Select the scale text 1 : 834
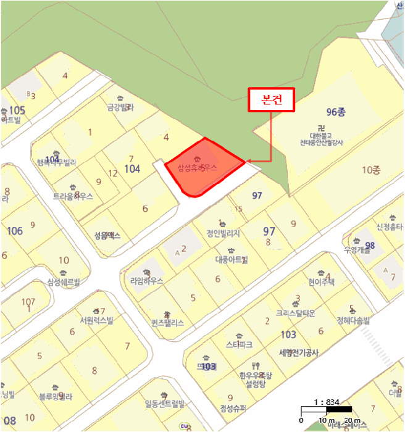tap(327, 402)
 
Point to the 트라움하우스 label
tap(73, 196)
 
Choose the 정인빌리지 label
tap(223, 233)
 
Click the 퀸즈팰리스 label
tap(167, 323)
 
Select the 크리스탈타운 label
tap(296, 314)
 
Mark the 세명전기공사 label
tap(294, 353)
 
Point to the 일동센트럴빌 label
tap(164, 404)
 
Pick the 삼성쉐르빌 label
tap(64, 282)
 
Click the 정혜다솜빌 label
tap(353, 320)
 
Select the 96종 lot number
tap(336, 112)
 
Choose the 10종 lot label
tap(372, 169)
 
